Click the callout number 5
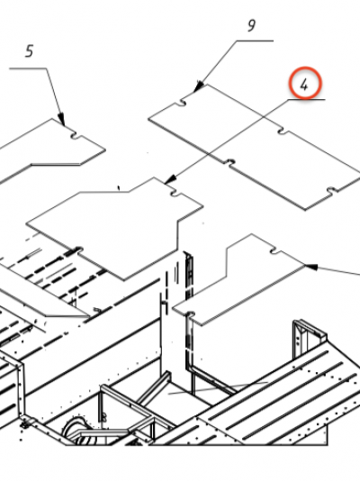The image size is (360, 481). click(29, 51)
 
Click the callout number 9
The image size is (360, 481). click(251, 26)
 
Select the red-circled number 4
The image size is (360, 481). click(305, 83)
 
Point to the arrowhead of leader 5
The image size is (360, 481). click(62, 119)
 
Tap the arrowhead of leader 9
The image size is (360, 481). click(199, 86)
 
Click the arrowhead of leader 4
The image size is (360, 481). click(170, 179)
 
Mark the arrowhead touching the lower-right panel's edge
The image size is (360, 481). click(310, 267)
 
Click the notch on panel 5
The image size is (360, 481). click(75, 135)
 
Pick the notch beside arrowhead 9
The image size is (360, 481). click(183, 102)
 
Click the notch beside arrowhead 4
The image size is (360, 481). click(175, 193)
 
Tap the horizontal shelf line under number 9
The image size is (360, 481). click(255, 41)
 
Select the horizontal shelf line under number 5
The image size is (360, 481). click(28, 68)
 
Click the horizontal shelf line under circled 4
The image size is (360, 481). click(306, 99)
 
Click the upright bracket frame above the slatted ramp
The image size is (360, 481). click(309, 339)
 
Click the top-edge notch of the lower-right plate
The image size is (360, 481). click(275, 251)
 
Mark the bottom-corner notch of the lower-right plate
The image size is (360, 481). click(191, 314)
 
